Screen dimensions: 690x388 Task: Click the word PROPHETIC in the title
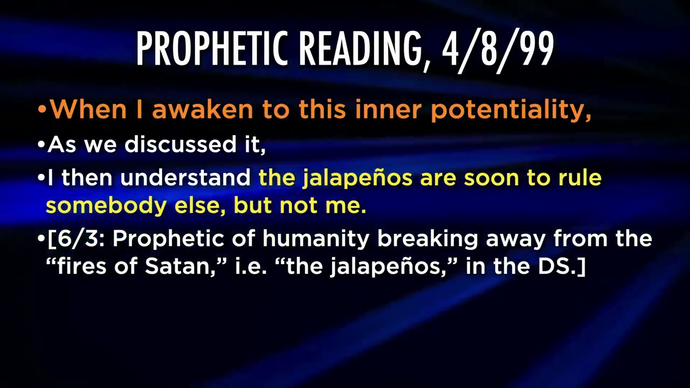(x=212, y=48)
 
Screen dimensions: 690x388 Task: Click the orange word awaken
(x=203, y=109)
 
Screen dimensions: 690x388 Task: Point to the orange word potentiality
(x=511, y=111)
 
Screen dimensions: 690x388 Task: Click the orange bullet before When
(x=42, y=109)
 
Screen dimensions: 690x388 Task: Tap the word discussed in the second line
(x=180, y=144)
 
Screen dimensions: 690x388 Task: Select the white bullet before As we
(x=42, y=144)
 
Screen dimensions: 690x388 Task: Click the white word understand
(x=185, y=178)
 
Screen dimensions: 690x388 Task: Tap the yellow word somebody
(x=106, y=206)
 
